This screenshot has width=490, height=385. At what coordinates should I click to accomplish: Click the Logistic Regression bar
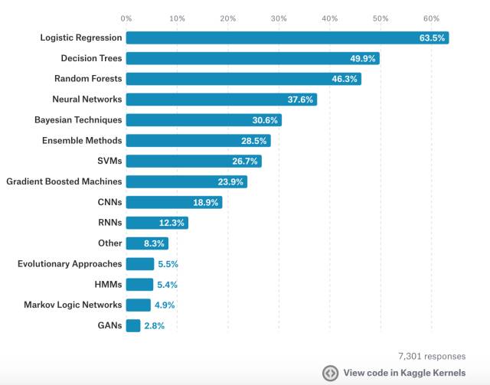pos(287,38)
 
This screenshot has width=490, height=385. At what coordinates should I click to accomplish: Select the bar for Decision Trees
pos(253,58)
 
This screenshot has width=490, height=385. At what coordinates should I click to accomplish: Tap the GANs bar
pos(133,325)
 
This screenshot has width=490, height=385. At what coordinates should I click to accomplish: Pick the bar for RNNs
pos(157,223)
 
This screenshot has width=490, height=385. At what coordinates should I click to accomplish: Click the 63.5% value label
pos(432,38)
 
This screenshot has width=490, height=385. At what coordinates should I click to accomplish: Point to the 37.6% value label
pos(300,100)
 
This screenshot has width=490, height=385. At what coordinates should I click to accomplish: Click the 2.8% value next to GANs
pos(155,325)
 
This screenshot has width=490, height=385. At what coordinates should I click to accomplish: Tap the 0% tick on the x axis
pos(126,17)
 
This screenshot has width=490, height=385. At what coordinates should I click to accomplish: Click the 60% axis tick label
pos(430,17)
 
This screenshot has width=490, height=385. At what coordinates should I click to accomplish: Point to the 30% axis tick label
pos(279,17)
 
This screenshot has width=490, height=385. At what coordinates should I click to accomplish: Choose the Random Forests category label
pos(88,79)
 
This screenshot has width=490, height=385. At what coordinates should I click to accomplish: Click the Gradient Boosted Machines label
pos(64,181)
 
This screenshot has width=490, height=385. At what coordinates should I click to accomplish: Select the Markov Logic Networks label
pos(73,305)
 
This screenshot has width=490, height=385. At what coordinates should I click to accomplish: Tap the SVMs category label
pos(108,161)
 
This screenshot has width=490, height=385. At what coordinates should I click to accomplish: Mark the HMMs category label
pos(107,285)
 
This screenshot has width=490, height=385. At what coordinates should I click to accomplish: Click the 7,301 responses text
pos(431,356)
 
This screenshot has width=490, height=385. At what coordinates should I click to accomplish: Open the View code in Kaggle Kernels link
pos(403,373)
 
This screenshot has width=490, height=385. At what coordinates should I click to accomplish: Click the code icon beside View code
pos(330,373)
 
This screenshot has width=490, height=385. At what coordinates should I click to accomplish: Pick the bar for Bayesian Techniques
pos(204,120)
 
